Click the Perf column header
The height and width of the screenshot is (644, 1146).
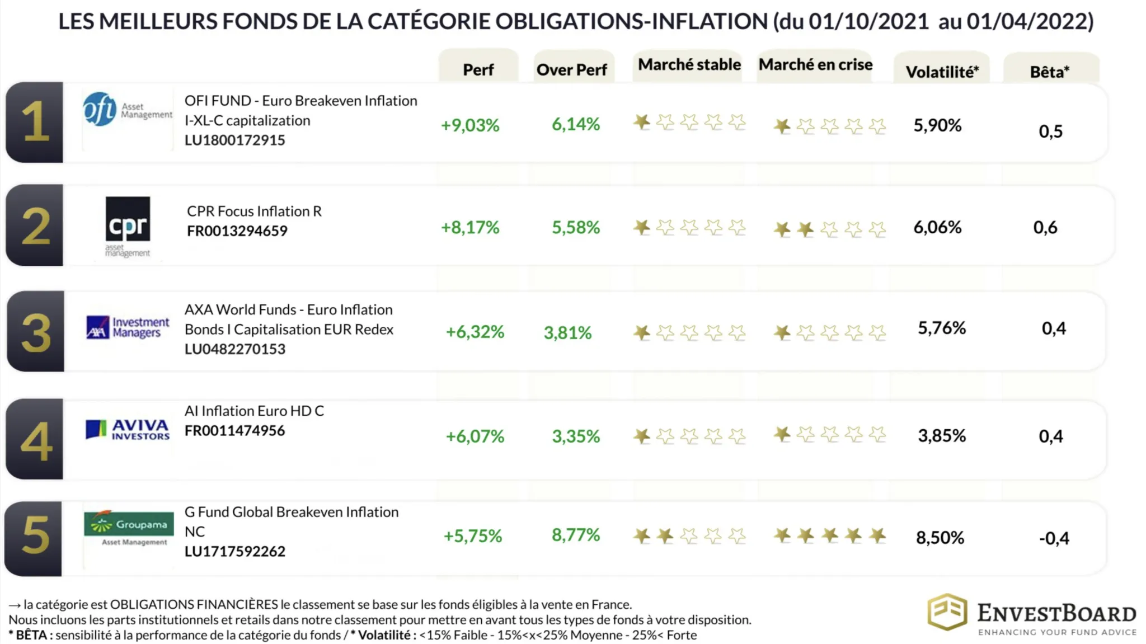478,69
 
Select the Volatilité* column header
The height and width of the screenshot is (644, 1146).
942,72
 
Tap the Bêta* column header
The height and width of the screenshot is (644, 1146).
1049,72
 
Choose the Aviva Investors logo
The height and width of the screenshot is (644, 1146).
128,430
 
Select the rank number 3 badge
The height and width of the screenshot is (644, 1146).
35,332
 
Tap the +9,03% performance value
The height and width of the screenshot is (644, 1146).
469,125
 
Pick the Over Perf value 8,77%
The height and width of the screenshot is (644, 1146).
575,535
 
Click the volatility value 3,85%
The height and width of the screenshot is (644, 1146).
942,435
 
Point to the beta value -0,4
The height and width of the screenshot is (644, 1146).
1054,538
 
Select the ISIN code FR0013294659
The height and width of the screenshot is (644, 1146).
237,231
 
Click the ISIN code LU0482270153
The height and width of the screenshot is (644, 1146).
235,349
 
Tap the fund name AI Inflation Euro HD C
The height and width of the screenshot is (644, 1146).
254,411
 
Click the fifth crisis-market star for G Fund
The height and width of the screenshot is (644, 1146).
877,536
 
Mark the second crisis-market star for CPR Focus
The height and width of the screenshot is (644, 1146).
805,229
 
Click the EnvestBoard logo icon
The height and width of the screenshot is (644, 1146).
947,612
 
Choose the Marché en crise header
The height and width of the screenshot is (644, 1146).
815,64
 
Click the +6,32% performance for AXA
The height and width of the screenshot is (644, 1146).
475,332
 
